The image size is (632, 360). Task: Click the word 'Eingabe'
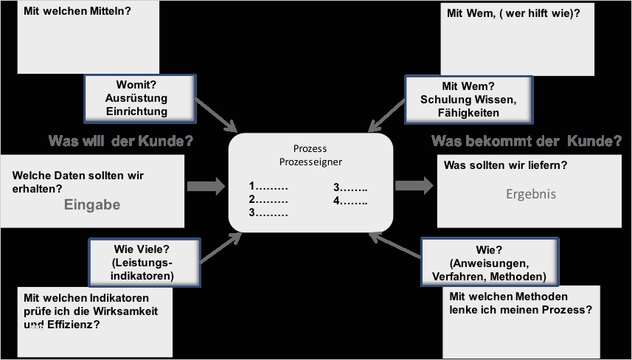(92, 205)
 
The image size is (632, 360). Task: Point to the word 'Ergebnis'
(530, 195)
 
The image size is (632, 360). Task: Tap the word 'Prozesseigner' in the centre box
(310, 162)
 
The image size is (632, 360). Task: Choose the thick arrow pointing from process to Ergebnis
(414, 185)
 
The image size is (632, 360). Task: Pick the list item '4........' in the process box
(350, 200)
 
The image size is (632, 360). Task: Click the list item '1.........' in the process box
(268, 186)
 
